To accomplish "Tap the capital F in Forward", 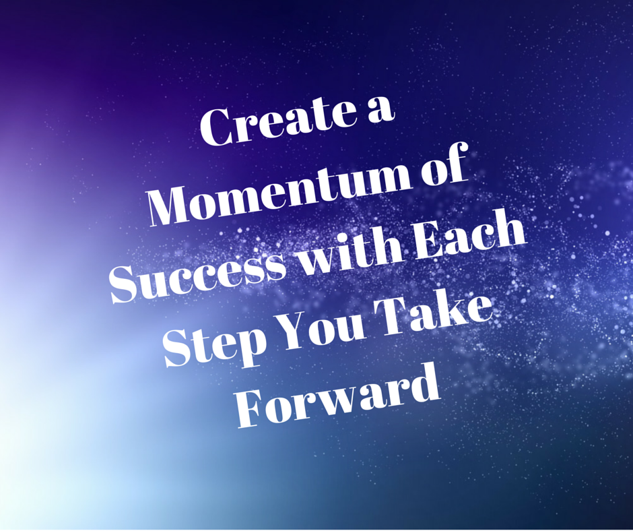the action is (x=255, y=409).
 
